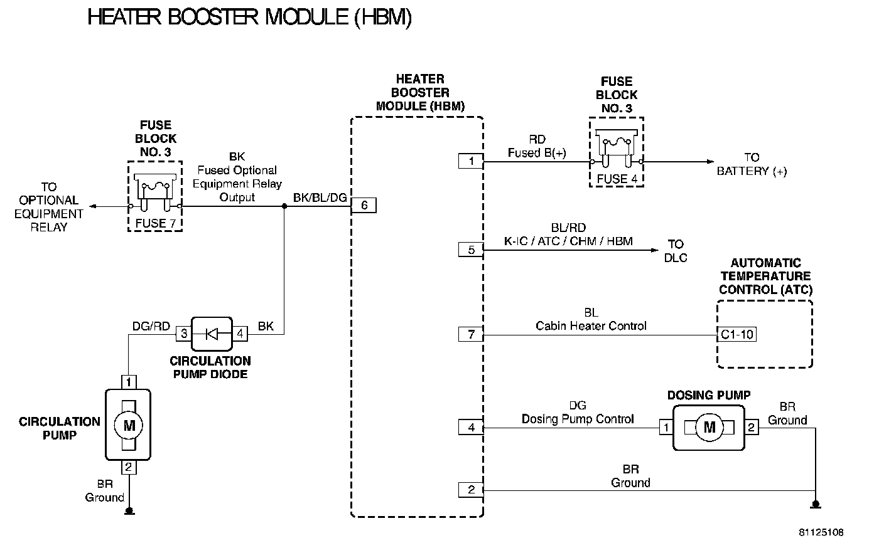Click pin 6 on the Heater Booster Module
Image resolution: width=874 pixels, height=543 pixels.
click(x=364, y=206)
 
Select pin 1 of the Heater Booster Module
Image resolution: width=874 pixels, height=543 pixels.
click(x=471, y=161)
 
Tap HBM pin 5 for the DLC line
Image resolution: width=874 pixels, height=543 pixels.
click(x=471, y=250)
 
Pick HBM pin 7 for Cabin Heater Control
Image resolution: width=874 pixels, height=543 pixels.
click(x=471, y=334)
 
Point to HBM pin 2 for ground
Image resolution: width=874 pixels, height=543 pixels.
click(x=471, y=490)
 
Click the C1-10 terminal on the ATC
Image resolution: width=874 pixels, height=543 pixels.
click(x=737, y=334)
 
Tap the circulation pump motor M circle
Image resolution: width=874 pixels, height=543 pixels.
click(x=129, y=426)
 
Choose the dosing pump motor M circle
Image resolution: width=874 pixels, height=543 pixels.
click(x=709, y=428)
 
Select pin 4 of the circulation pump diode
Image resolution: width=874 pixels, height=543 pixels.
click(x=240, y=334)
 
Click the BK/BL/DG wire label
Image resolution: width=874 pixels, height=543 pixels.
click(x=320, y=198)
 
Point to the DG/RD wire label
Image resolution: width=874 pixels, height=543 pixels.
click(x=151, y=325)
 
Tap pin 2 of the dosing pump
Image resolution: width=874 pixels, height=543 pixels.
click(x=752, y=428)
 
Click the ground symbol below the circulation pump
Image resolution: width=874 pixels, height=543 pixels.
click(x=129, y=511)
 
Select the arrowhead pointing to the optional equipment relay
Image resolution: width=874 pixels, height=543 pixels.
click(x=93, y=206)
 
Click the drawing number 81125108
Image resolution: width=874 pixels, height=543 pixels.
click(x=821, y=532)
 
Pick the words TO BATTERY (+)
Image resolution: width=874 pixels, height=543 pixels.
click(x=752, y=164)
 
